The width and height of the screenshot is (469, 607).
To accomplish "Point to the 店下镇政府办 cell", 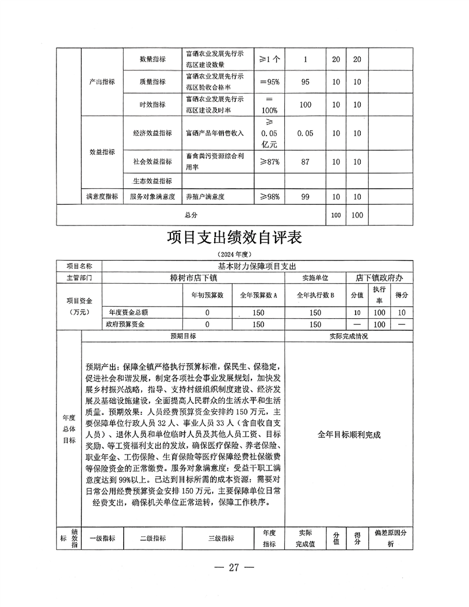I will tap(380, 277).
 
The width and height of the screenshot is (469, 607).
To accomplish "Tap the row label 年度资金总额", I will tap(132, 312).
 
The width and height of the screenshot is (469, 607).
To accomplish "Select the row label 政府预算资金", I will tap(132, 325).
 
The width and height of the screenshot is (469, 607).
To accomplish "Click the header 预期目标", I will tap(182, 336).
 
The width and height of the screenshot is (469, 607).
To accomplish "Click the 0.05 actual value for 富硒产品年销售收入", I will tap(305, 133).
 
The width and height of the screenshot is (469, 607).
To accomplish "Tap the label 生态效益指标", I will tap(152, 181).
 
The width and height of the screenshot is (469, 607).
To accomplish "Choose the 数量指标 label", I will tap(152, 59).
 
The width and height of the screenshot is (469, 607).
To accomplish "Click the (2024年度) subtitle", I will tap(234, 254).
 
